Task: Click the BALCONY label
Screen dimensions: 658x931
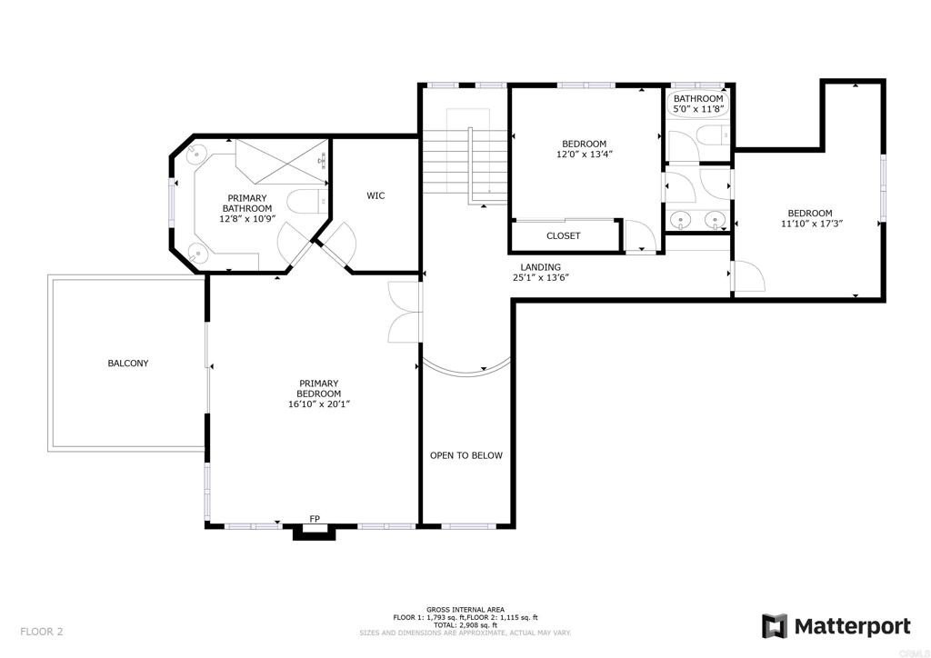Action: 127,364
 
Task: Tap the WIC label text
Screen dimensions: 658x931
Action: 375,195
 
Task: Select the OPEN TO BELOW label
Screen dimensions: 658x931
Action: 465,455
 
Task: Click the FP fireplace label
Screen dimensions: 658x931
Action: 315,519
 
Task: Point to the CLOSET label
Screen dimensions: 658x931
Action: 563,236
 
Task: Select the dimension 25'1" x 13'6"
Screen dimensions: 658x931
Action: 541,279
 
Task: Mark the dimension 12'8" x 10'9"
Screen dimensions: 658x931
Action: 246,219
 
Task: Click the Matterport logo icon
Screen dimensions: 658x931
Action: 774,626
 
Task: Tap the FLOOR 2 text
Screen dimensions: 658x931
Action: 42,630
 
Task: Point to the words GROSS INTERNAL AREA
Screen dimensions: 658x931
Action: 465,609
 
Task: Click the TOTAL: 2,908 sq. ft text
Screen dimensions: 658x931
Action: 465,625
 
